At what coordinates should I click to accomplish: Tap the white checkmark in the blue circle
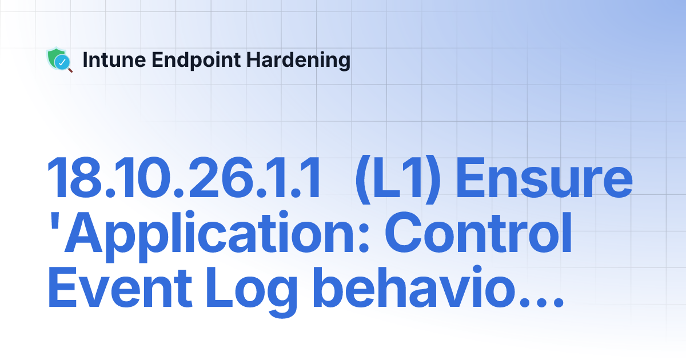point(63,62)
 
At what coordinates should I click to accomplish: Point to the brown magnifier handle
point(70,70)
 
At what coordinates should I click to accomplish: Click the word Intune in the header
point(108,60)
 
